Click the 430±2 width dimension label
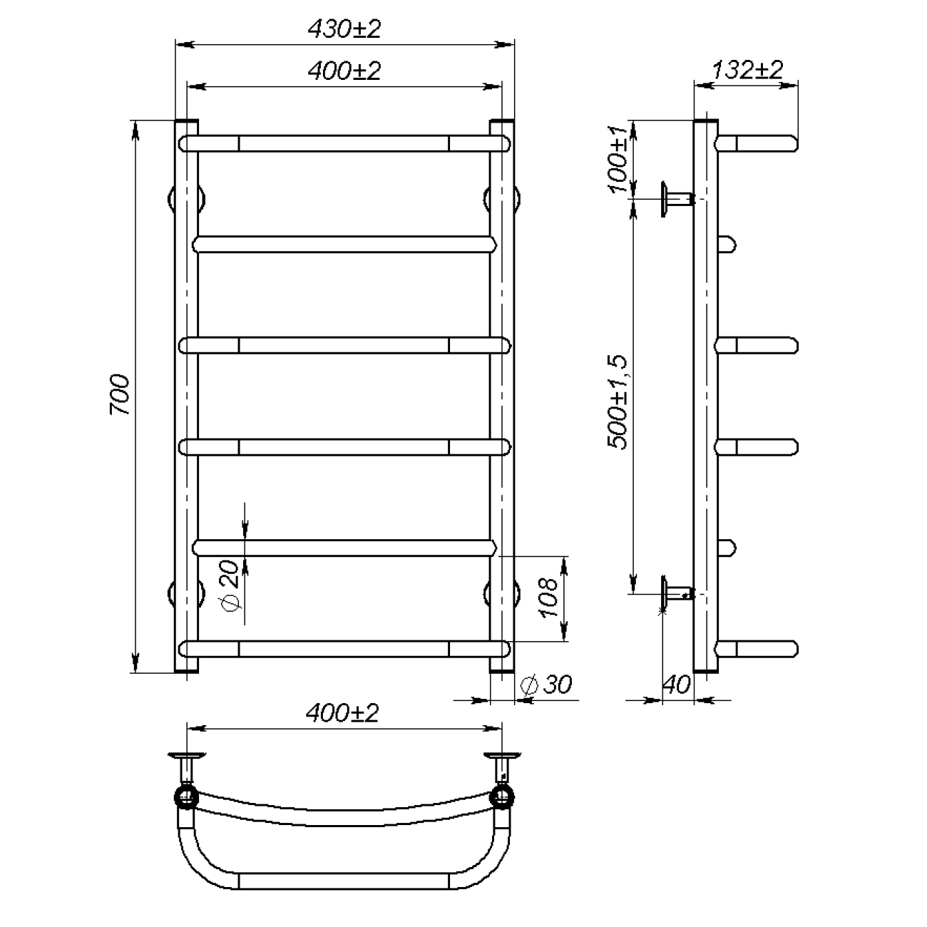(x=344, y=29)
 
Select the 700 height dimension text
(x=120, y=394)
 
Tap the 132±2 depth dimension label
(x=747, y=70)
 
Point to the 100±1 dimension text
(x=619, y=159)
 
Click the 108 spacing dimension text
(x=548, y=598)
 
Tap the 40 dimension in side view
(x=677, y=684)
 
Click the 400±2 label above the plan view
(x=342, y=713)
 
